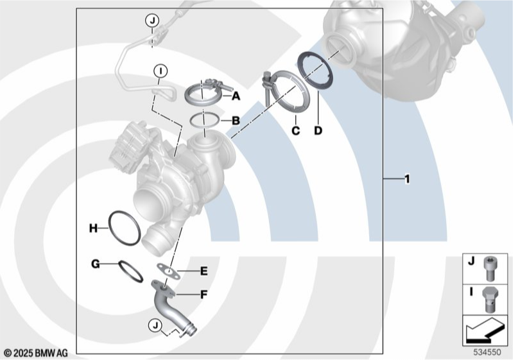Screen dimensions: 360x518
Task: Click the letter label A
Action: pyautogui.click(x=236, y=96)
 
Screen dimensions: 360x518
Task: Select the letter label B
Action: pyautogui.click(x=236, y=120)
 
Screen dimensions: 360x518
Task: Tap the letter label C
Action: pyautogui.click(x=295, y=131)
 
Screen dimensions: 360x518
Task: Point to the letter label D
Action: pyautogui.click(x=318, y=131)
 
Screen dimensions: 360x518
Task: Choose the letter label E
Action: pyautogui.click(x=203, y=271)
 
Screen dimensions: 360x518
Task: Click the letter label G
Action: pyautogui.click(x=95, y=264)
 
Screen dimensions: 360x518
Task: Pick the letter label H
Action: pyautogui.click(x=93, y=228)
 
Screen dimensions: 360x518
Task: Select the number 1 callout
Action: pyautogui.click(x=406, y=179)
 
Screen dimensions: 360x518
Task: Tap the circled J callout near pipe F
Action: pyautogui.click(x=155, y=326)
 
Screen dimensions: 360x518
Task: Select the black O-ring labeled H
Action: pyautogui.click(x=123, y=227)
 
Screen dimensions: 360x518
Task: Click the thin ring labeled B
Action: pyautogui.click(x=204, y=120)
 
